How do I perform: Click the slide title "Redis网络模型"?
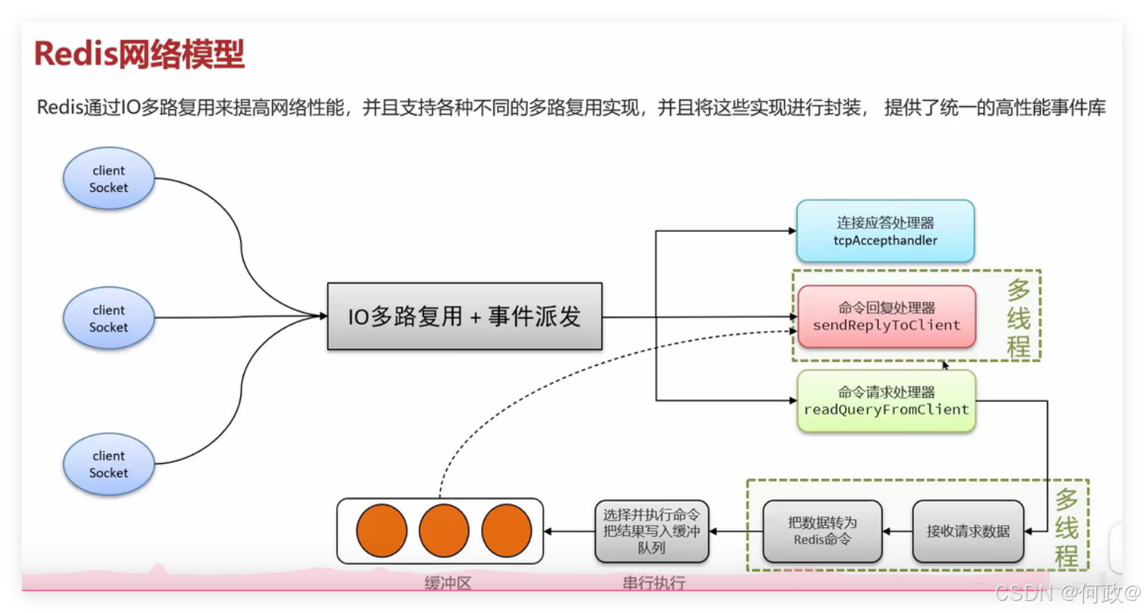pyautogui.click(x=139, y=54)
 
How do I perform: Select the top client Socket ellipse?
pyautogui.click(x=109, y=178)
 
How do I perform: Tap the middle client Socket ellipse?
pyautogui.click(x=109, y=319)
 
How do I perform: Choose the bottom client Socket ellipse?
pyautogui.click(x=109, y=464)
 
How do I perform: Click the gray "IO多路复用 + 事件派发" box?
pyautogui.click(x=465, y=316)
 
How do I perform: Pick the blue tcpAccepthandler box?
pyautogui.click(x=885, y=231)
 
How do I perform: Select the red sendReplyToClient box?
pyautogui.click(x=886, y=316)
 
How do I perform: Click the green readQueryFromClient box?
pyautogui.click(x=886, y=401)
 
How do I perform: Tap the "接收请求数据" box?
pyautogui.click(x=968, y=532)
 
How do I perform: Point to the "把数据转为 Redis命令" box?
pyautogui.click(x=822, y=532)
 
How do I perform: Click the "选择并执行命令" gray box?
pyautogui.click(x=651, y=532)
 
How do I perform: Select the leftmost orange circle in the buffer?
pyautogui.click(x=382, y=531)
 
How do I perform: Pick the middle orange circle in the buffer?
pyautogui.click(x=444, y=531)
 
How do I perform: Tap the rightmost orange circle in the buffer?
pyautogui.click(x=507, y=531)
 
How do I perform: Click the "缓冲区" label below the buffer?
pyautogui.click(x=448, y=583)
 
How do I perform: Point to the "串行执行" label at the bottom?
pyautogui.click(x=654, y=583)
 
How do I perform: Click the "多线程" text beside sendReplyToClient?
pyautogui.click(x=1018, y=318)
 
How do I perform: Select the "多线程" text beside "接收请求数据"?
pyautogui.click(x=1066, y=528)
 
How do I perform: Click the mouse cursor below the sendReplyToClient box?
pyautogui.click(x=945, y=365)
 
